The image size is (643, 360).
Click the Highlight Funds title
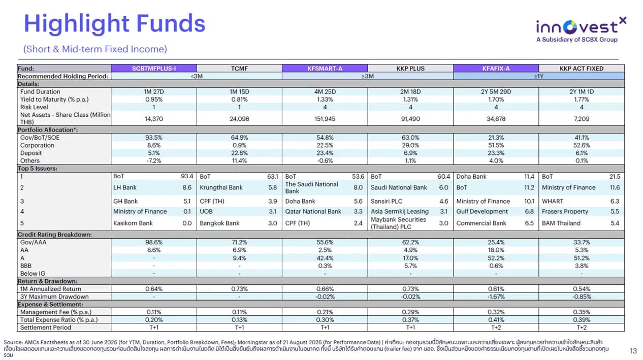[x=115, y=24]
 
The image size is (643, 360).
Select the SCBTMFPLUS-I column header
[x=154, y=69]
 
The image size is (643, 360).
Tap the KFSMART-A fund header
[x=325, y=69]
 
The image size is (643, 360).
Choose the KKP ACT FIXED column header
[x=581, y=69]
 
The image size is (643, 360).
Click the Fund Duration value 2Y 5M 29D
[x=496, y=91]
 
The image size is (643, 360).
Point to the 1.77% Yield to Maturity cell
[x=581, y=100]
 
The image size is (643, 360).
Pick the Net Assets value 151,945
[x=325, y=119]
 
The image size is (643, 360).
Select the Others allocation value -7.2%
[x=154, y=161]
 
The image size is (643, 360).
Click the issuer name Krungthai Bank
[x=221, y=187]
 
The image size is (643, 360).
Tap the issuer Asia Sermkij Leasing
[x=400, y=212]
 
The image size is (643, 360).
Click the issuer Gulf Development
[x=482, y=212]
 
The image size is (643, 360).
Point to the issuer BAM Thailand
[x=561, y=223]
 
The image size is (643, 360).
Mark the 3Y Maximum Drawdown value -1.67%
[x=496, y=297]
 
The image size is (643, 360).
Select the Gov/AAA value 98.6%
[x=154, y=242]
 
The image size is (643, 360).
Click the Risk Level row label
[x=34, y=107]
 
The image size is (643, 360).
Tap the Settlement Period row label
[x=45, y=328]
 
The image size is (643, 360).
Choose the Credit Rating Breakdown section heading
[x=54, y=235]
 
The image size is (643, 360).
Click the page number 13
[x=633, y=351]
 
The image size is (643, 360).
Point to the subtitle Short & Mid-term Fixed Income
[x=95, y=49]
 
